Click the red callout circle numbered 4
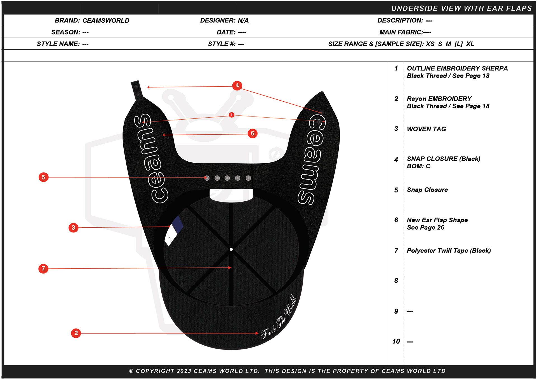[x=237, y=85]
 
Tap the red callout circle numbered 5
[x=43, y=177]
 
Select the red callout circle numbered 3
[x=73, y=227]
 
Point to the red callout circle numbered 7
[x=43, y=269]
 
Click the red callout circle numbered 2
[x=76, y=333]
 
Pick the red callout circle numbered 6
[x=253, y=133]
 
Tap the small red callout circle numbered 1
[x=231, y=115]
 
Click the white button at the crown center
[x=231, y=249]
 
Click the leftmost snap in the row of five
[x=207, y=178]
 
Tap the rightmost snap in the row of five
[x=248, y=178]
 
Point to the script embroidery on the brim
[x=279, y=317]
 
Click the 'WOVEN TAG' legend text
[x=426, y=129]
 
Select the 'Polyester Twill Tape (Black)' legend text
[x=449, y=251]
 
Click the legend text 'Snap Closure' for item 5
[x=427, y=190]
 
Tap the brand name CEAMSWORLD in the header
[x=106, y=20]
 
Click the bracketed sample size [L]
[x=458, y=44]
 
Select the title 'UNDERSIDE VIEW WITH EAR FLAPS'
[x=461, y=8]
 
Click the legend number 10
[x=396, y=341]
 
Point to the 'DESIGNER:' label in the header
[x=218, y=20]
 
